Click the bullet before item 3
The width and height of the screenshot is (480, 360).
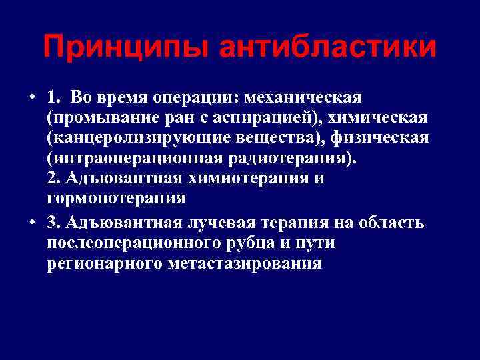click(32, 223)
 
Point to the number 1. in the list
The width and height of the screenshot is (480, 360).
click(55, 98)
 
